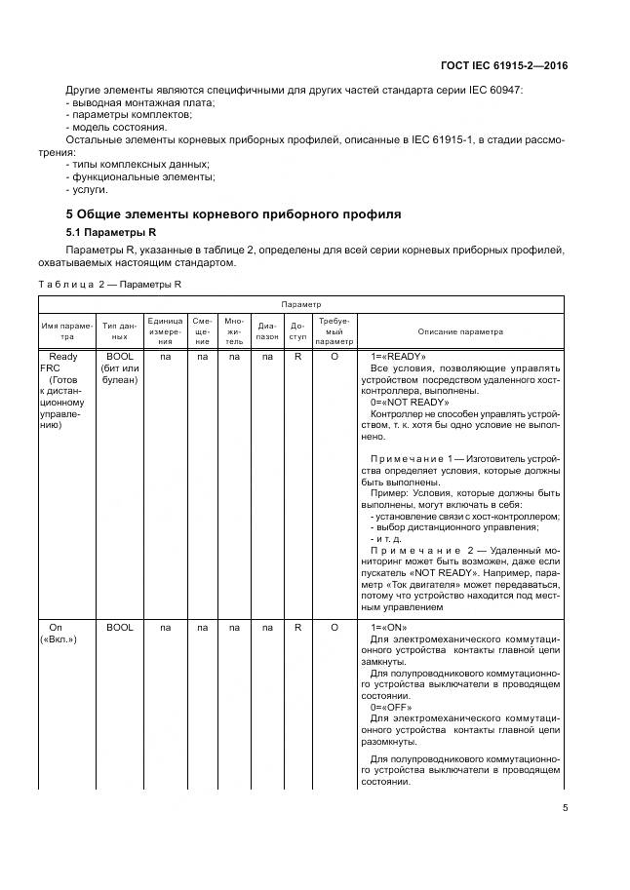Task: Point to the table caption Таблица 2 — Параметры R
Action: (x=110, y=285)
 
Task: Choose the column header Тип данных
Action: (x=119, y=331)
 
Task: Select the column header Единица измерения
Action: (x=165, y=331)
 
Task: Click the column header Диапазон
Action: (x=267, y=331)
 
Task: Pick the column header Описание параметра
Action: (x=460, y=331)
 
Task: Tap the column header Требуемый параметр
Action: (x=335, y=331)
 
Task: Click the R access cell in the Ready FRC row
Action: (x=297, y=357)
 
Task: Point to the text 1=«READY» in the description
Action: (x=398, y=357)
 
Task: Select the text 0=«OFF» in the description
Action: (x=391, y=707)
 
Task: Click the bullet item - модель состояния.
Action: (x=116, y=127)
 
